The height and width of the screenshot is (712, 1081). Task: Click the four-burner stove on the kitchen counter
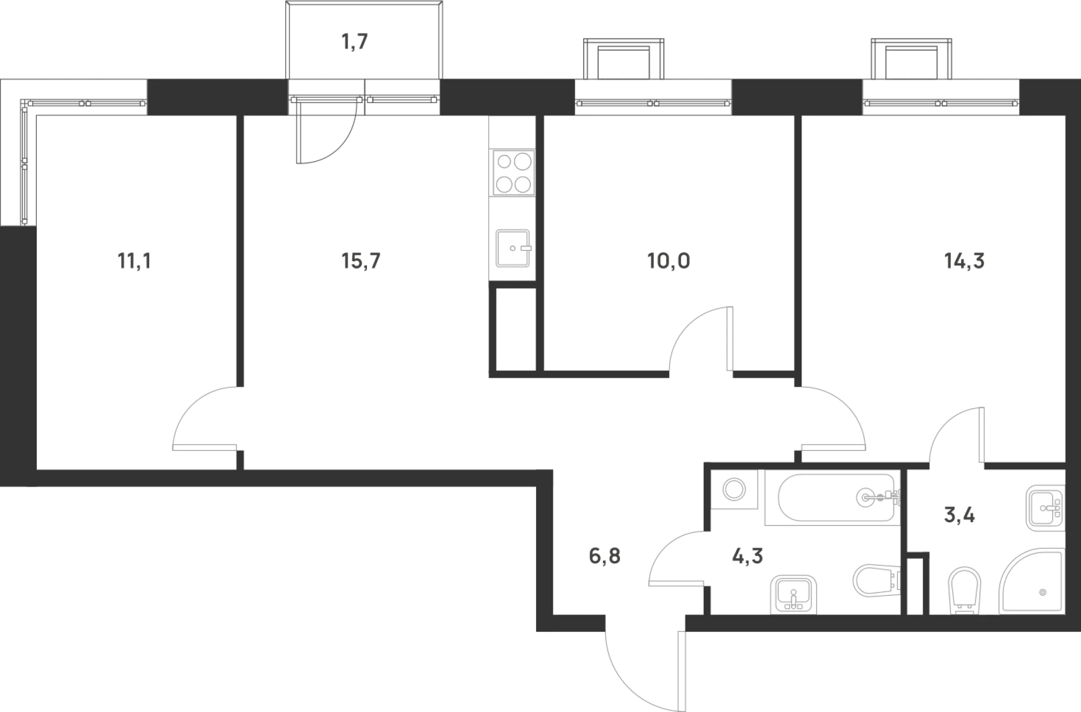click(x=513, y=172)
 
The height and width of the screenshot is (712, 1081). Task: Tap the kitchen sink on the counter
click(x=512, y=248)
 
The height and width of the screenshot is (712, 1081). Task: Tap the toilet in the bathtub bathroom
click(x=876, y=581)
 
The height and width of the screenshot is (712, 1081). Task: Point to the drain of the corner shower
click(x=1043, y=593)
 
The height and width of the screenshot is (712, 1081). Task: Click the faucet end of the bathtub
click(x=878, y=496)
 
